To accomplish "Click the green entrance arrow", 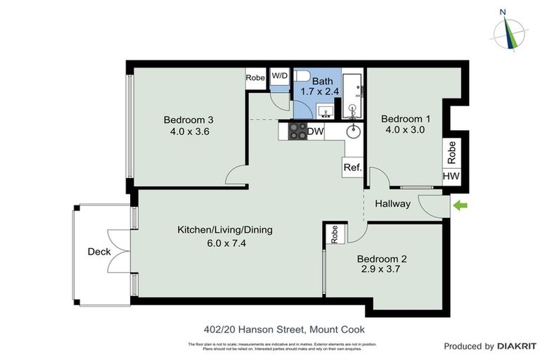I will [x=461, y=205].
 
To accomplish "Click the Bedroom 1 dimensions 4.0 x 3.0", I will [x=404, y=129].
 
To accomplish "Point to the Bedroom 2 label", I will [x=381, y=258].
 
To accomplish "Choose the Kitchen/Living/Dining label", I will [x=224, y=230].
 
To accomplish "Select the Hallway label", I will [x=392, y=204].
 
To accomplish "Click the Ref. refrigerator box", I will [x=352, y=167].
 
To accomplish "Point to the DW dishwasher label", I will [x=316, y=131].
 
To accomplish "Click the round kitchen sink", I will [x=353, y=131].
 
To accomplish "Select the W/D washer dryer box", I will [x=280, y=76].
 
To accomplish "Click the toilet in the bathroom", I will [x=302, y=76].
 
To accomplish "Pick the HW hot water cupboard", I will [x=451, y=176].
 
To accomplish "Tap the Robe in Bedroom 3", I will [x=255, y=78].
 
